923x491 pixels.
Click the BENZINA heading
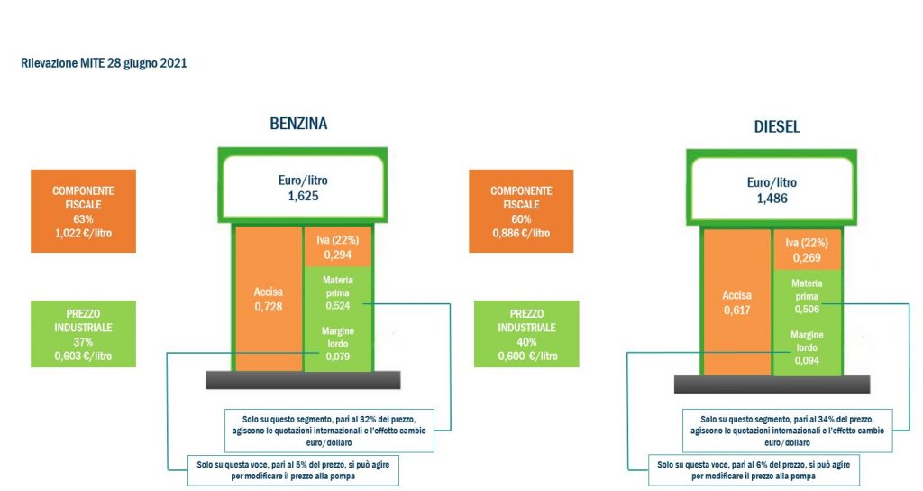click(x=298, y=123)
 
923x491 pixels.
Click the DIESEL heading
click(x=777, y=126)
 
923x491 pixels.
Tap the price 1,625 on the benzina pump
click(x=303, y=196)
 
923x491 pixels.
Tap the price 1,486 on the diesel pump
click(x=772, y=199)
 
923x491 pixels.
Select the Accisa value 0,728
click(x=269, y=307)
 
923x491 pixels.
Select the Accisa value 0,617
click(x=737, y=310)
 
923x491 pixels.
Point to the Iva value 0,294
click(x=338, y=255)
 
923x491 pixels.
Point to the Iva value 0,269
click(x=807, y=257)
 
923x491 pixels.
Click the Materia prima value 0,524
click(x=338, y=305)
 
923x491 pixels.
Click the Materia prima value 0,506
click(x=807, y=310)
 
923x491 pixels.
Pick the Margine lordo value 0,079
click(x=338, y=356)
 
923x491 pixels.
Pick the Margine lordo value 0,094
click(x=807, y=360)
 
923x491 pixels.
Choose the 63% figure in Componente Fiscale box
click(x=83, y=218)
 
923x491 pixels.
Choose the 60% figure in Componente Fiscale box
click(x=521, y=218)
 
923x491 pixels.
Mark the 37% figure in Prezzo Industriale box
click(x=83, y=342)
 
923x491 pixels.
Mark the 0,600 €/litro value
click(x=527, y=356)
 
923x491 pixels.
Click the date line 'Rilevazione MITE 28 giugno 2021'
click(x=105, y=63)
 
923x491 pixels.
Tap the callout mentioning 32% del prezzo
click(x=330, y=431)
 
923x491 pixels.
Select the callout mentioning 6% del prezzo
click(x=754, y=470)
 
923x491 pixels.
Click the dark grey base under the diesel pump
click(x=772, y=384)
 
